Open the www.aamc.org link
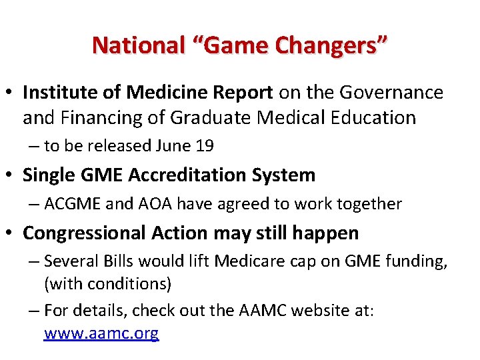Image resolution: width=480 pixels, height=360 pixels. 101,333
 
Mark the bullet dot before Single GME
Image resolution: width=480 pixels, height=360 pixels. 12,175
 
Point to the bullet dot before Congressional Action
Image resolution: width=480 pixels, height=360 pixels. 12,233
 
